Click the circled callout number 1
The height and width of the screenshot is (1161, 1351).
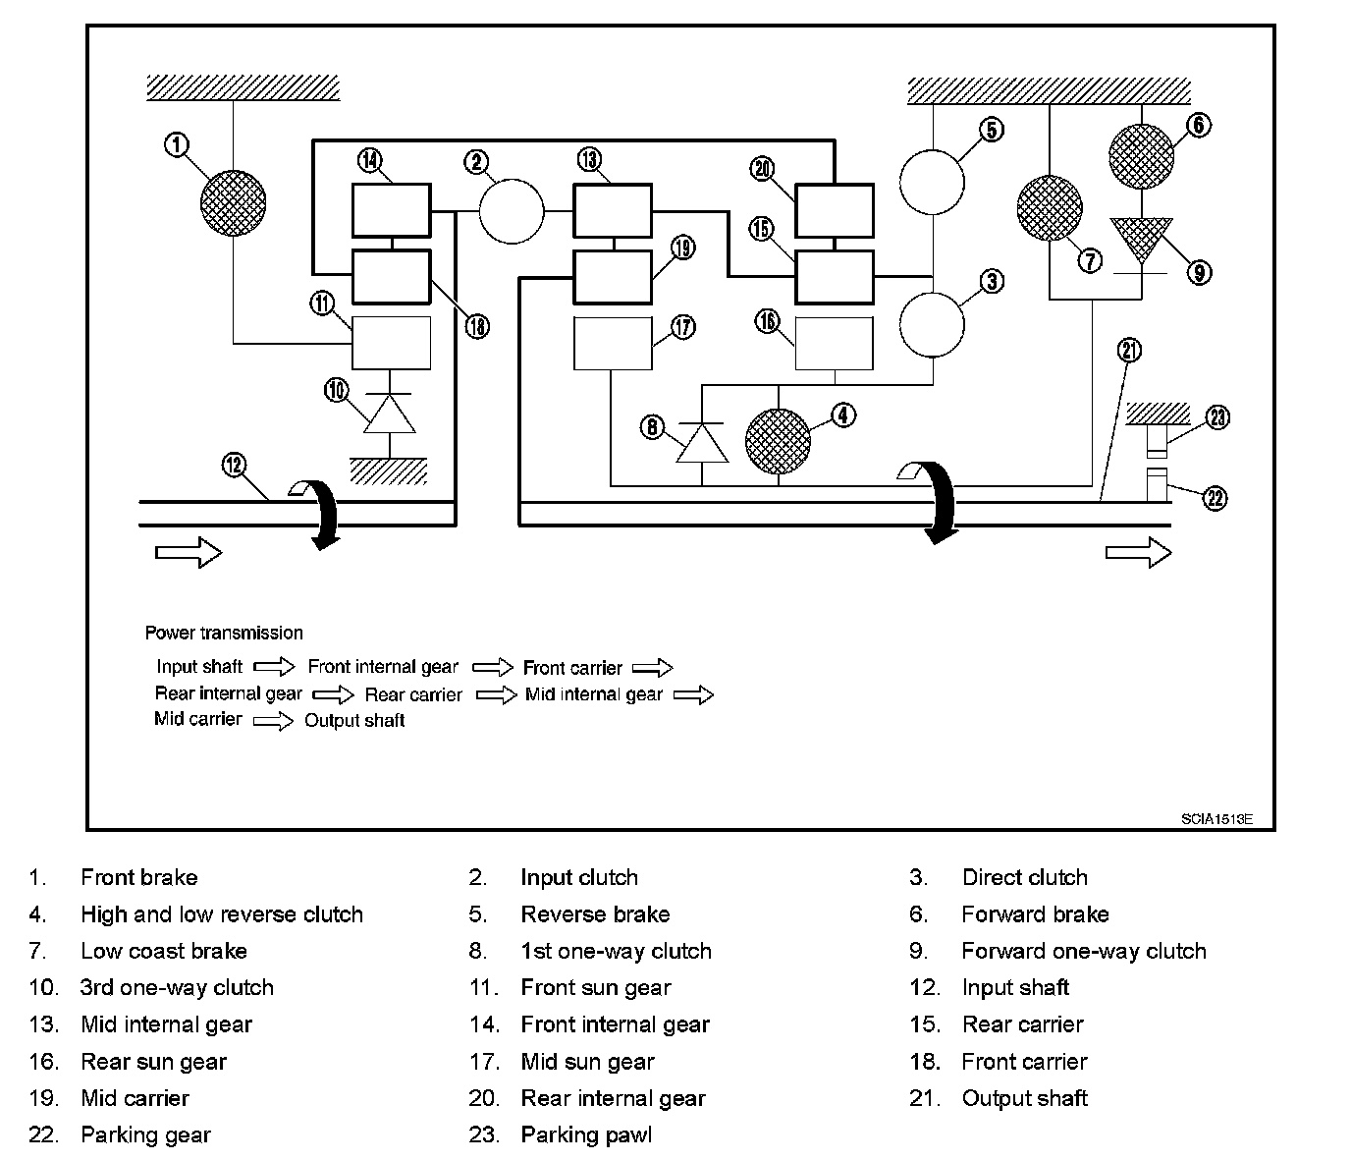[x=176, y=145]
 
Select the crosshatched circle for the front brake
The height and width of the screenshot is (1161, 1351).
[x=233, y=202]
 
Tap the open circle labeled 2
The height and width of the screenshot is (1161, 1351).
[x=511, y=210]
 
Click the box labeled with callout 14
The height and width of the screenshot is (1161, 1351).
[x=391, y=210]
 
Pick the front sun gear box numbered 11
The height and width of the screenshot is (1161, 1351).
[x=391, y=343]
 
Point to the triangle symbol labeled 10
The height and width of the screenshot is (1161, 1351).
[x=390, y=414]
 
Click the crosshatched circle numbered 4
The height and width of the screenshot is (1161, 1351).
[x=779, y=440]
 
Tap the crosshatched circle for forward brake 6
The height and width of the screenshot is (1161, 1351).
[x=1141, y=155]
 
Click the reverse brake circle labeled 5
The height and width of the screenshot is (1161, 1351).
[x=932, y=182]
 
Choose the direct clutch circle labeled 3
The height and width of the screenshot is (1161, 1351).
[x=932, y=324]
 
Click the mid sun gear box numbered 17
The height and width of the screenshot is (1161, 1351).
[x=613, y=343]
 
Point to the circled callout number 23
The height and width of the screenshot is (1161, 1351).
[x=1216, y=417]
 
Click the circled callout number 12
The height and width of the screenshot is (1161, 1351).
[x=234, y=465]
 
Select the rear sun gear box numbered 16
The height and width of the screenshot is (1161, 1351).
[x=834, y=343]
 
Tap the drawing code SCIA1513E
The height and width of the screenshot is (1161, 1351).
[x=1216, y=817]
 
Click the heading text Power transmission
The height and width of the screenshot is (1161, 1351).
[x=224, y=633]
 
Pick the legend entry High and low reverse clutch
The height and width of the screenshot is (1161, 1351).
[x=222, y=914]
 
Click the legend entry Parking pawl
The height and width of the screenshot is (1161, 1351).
[x=586, y=1135]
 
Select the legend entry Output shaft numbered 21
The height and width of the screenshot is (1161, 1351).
[x=1024, y=1098]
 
